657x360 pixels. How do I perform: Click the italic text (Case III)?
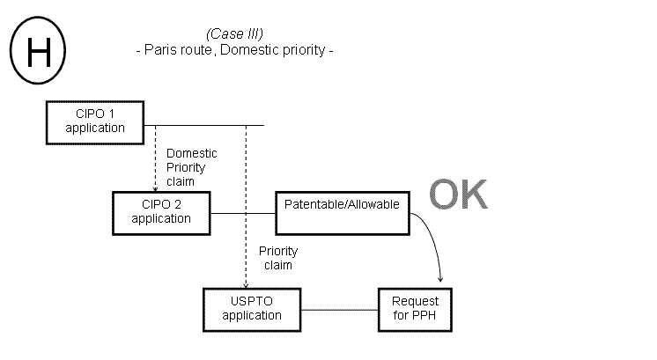click(x=235, y=33)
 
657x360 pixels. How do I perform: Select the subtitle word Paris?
click(x=159, y=50)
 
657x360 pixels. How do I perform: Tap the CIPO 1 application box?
click(x=94, y=121)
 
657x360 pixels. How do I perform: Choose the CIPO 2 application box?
click(x=161, y=212)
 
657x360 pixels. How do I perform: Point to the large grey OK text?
click(x=457, y=195)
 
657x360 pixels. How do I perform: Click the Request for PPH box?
click(x=414, y=309)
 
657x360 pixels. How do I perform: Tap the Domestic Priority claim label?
click(x=191, y=166)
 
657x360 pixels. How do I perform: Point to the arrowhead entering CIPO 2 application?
click(x=155, y=187)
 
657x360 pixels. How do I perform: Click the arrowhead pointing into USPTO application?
click(x=246, y=283)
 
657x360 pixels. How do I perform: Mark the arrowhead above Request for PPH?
click(x=441, y=282)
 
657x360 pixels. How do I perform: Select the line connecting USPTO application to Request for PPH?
click(x=340, y=309)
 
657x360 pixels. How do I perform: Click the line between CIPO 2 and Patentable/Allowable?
click(x=242, y=213)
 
